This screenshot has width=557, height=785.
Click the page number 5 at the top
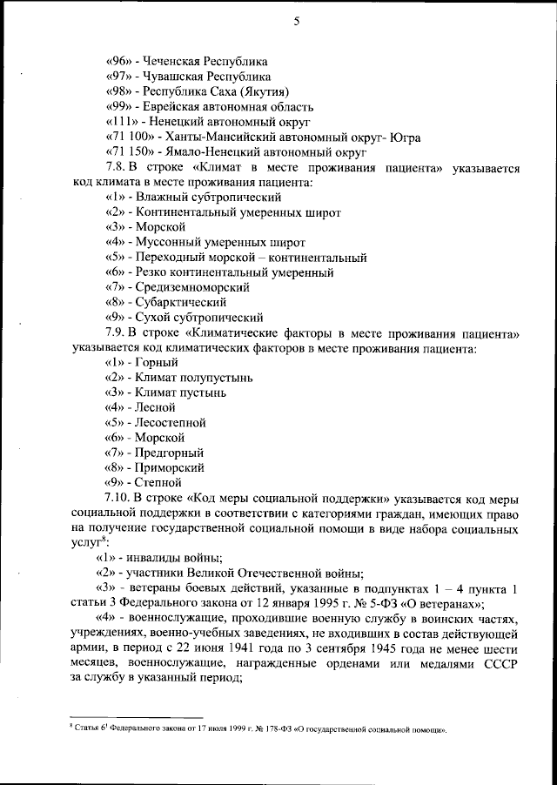pos(296,23)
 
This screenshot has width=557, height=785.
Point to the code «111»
pos(120,121)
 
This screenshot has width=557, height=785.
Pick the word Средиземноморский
pos(191,286)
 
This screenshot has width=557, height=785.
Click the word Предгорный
pos(168,452)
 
